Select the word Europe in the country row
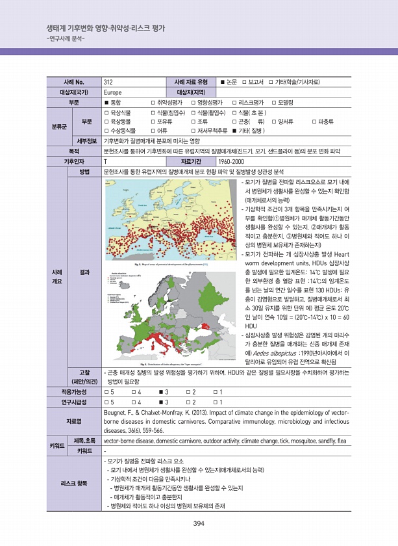113,92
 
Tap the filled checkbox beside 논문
222,83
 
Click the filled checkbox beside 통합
107,103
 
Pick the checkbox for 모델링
273,103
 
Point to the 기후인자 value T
106,161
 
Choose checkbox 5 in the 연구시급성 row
107,402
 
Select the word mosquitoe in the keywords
307,440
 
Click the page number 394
199,525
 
